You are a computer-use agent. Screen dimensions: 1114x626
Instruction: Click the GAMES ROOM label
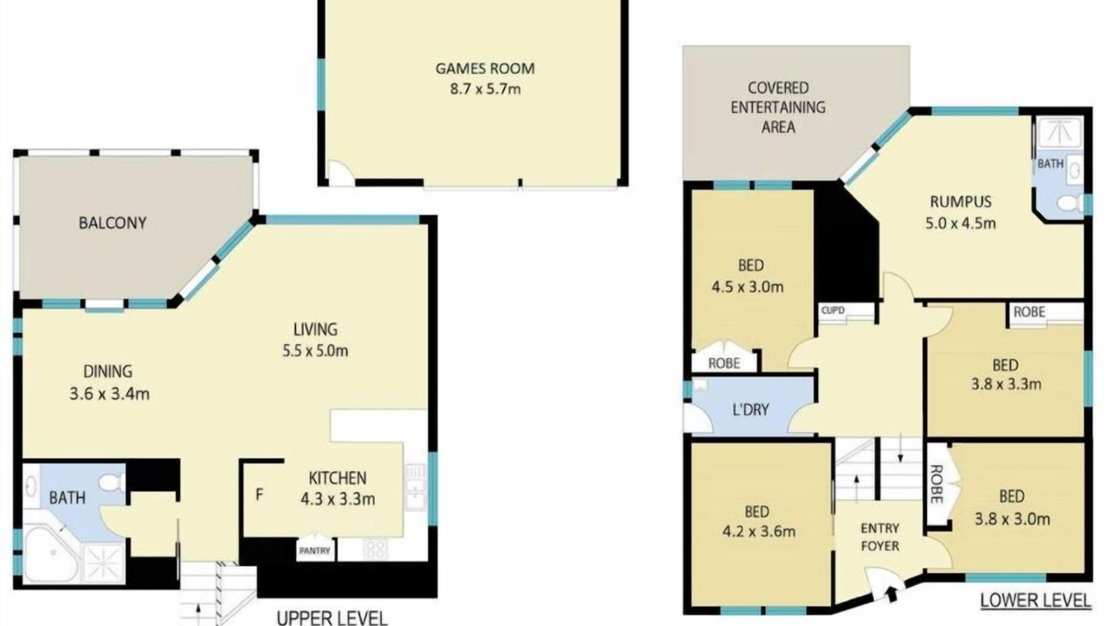485,68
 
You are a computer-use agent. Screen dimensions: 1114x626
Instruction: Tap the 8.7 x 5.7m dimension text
485,90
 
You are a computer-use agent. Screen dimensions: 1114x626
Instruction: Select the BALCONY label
112,223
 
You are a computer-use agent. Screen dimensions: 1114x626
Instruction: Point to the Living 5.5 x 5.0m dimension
315,350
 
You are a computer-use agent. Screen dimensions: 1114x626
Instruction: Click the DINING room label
108,371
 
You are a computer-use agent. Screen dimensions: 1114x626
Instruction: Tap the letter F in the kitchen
259,495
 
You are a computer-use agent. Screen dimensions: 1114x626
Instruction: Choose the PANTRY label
314,551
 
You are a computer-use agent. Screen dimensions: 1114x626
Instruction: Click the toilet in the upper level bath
111,483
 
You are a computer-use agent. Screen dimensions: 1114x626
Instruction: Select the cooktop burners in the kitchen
376,549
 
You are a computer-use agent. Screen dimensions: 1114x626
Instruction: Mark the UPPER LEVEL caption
332,618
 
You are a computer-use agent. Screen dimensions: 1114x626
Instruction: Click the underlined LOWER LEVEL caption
1036,601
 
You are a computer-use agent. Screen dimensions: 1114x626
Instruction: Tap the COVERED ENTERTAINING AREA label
778,107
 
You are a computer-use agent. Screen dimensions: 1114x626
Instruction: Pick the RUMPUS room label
961,202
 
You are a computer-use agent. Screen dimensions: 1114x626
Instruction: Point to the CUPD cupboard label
833,310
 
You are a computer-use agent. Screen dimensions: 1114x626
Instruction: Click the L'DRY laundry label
751,410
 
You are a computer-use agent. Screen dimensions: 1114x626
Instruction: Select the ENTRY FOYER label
880,537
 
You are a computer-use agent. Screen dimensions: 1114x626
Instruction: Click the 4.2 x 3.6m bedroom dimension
758,531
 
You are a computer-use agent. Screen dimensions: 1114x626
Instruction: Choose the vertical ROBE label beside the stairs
936,484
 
